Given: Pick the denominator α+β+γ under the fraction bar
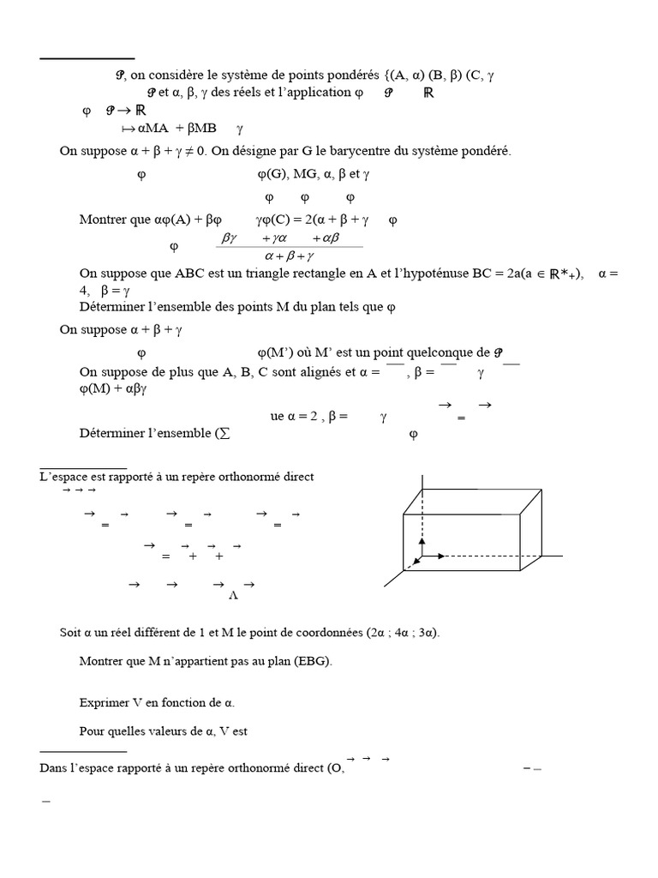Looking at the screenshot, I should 290,256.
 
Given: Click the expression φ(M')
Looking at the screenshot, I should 276,352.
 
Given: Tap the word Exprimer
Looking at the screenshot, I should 103,703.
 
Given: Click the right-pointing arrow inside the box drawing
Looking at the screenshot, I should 435,556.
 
